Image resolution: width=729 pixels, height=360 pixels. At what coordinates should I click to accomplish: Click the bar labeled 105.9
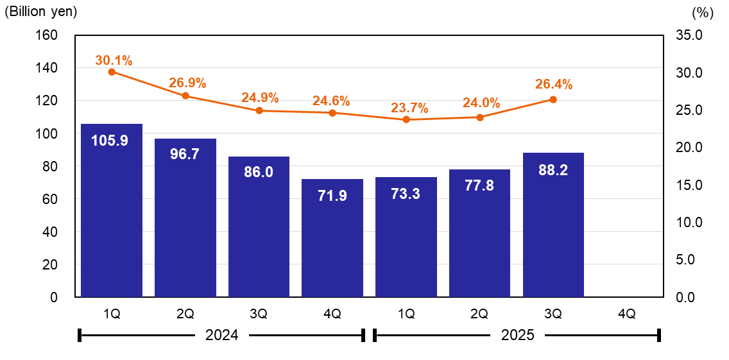pyautogui.click(x=112, y=212)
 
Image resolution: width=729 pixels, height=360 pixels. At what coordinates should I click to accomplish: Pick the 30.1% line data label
pyautogui.click(x=114, y=61)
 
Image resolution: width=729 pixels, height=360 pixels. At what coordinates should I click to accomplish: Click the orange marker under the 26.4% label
pyautogui.click(x=553, y=99)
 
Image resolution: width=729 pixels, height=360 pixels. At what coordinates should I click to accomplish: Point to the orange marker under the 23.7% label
pyautogui.click(x=406, y=119)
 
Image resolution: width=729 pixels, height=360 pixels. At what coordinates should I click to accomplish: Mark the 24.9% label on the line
pyautogui.click(x=260, y=98)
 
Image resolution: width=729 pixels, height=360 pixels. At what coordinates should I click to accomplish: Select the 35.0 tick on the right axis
pyautogui.click(x=690, y=35)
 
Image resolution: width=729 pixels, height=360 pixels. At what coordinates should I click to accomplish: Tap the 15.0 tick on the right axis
pyautogui.click(x=690, y=185)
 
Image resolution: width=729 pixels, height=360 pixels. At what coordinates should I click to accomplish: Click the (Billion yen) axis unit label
pyautogui.click(x=41, y=12)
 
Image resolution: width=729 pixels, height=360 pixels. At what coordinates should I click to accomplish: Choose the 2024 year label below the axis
pyautogui.click(x=221, y=335)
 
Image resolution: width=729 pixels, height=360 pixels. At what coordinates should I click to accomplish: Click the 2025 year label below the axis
pyautogui.click(x=517, y=335)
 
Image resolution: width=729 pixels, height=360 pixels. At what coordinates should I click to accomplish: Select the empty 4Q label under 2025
pyautogui.click(x=626, y=314)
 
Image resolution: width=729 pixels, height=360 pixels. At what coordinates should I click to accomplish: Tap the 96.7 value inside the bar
pyautogui.click(x=185, y=156)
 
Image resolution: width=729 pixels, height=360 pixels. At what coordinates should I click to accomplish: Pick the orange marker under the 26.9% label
pyautogui.click(x=185, y=96)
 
